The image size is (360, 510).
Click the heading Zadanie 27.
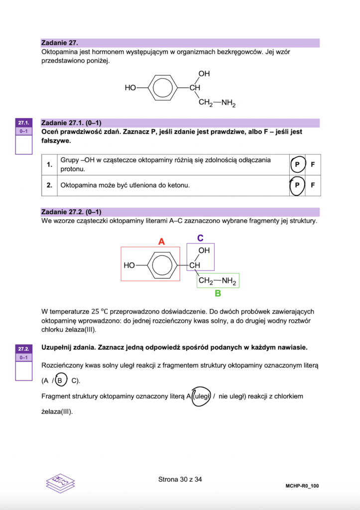coord(60,43)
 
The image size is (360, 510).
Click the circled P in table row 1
coord(297,164)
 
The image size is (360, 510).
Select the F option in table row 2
coord(313,185)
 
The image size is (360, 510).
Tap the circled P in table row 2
coord(297,185)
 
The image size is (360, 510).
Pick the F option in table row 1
coord(313,164)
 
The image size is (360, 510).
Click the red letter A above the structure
coord(161,242)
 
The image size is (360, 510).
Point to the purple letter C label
coord(200,238)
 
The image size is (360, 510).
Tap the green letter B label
coord(218,293)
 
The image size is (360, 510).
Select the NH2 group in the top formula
coord(228,103)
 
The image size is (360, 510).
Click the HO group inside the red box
coord(129,265)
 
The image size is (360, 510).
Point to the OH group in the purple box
coord(204,251)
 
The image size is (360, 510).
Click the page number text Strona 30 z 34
coord(180,480)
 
